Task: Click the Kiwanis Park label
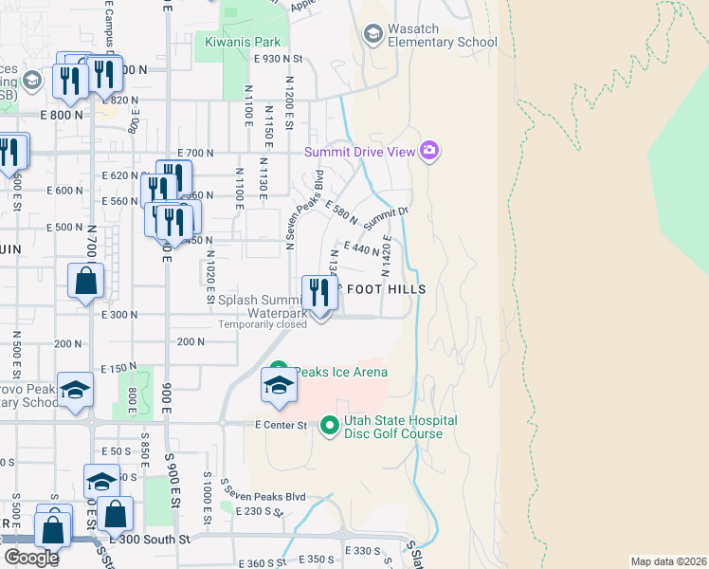[x=243, y=42]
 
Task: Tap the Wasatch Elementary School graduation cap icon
[x=373, y=34]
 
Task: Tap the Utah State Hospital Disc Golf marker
[x=330, y=427]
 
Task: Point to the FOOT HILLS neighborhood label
[x=386, y=288]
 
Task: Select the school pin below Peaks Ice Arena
[x=279, y=385]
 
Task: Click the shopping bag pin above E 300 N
[x=85, y=282]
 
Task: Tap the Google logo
[x=31, y=557]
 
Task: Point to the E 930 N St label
[x=277, y=59]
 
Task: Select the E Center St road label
[x=281, y=426]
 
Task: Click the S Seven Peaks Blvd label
[x=264, y=496]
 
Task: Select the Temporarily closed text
[x=263, y=324]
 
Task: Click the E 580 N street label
[x=340, y=212]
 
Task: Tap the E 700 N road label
[x=197, y=153]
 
